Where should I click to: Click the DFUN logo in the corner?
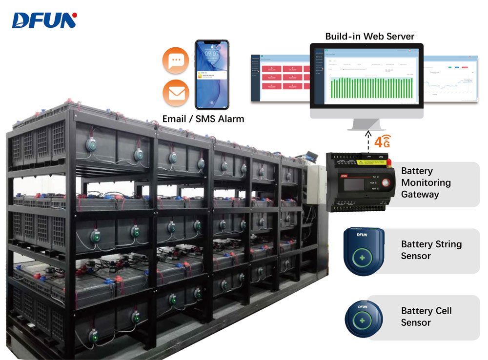[44, 20]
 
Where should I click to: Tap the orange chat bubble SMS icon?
[176, 61]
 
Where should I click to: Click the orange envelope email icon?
[176, 93]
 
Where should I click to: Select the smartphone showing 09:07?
[212, 74]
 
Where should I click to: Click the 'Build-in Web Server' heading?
[369, 37]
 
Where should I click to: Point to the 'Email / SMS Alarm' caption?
[203, 119]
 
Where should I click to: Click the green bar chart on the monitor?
[371, 88]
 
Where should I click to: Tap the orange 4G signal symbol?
[382, 142]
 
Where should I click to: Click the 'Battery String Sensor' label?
[431, 250]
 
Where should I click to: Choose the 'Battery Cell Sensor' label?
[426, 317]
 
